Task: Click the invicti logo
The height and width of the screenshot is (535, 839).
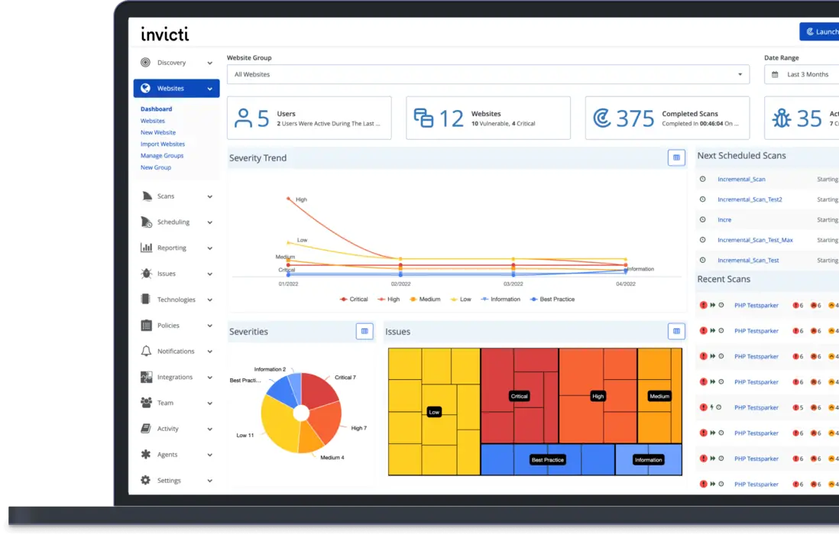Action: (x=164, y=34)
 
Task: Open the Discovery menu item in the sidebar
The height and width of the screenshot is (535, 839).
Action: (x=171, y=63)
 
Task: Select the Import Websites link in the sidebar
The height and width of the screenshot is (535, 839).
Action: (x=162, y=144)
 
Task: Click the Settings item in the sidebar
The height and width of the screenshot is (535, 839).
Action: (x=169, y=480)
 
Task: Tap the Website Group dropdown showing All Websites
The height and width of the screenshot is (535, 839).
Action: (x=488, y=74)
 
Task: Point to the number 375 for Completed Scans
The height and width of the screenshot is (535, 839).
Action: (x=636, y=118)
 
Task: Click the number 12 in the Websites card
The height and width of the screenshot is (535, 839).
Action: (x=451, y=118)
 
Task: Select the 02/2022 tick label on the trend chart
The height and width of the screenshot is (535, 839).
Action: (x=400, y=283)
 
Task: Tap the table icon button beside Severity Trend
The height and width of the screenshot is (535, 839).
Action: (x=675, y=157)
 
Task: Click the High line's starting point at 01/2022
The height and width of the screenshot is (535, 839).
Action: (x=288, y=199)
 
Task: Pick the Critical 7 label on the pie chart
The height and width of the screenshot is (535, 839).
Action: (x=345, y=378)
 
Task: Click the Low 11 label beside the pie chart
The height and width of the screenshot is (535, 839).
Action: (x=245, y=435)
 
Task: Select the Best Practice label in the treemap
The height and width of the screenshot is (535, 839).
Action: (x=547, y=460)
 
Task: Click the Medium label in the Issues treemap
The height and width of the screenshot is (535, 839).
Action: (x=659, y=396)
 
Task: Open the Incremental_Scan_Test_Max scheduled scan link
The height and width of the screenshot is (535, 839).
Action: (x=755, y=240)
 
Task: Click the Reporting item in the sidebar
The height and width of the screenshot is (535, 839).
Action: (x=171, y=248)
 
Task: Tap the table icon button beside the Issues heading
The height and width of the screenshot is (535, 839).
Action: (x=675, y=331)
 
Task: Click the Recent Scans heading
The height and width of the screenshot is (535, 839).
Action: (x=724, y=279)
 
